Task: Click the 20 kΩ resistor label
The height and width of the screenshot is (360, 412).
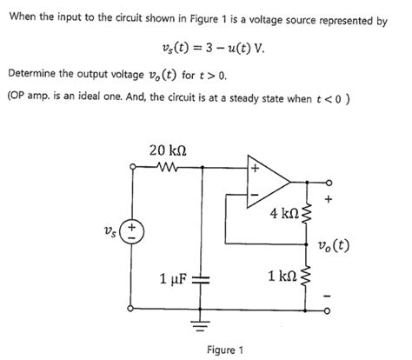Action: coord(167,150)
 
